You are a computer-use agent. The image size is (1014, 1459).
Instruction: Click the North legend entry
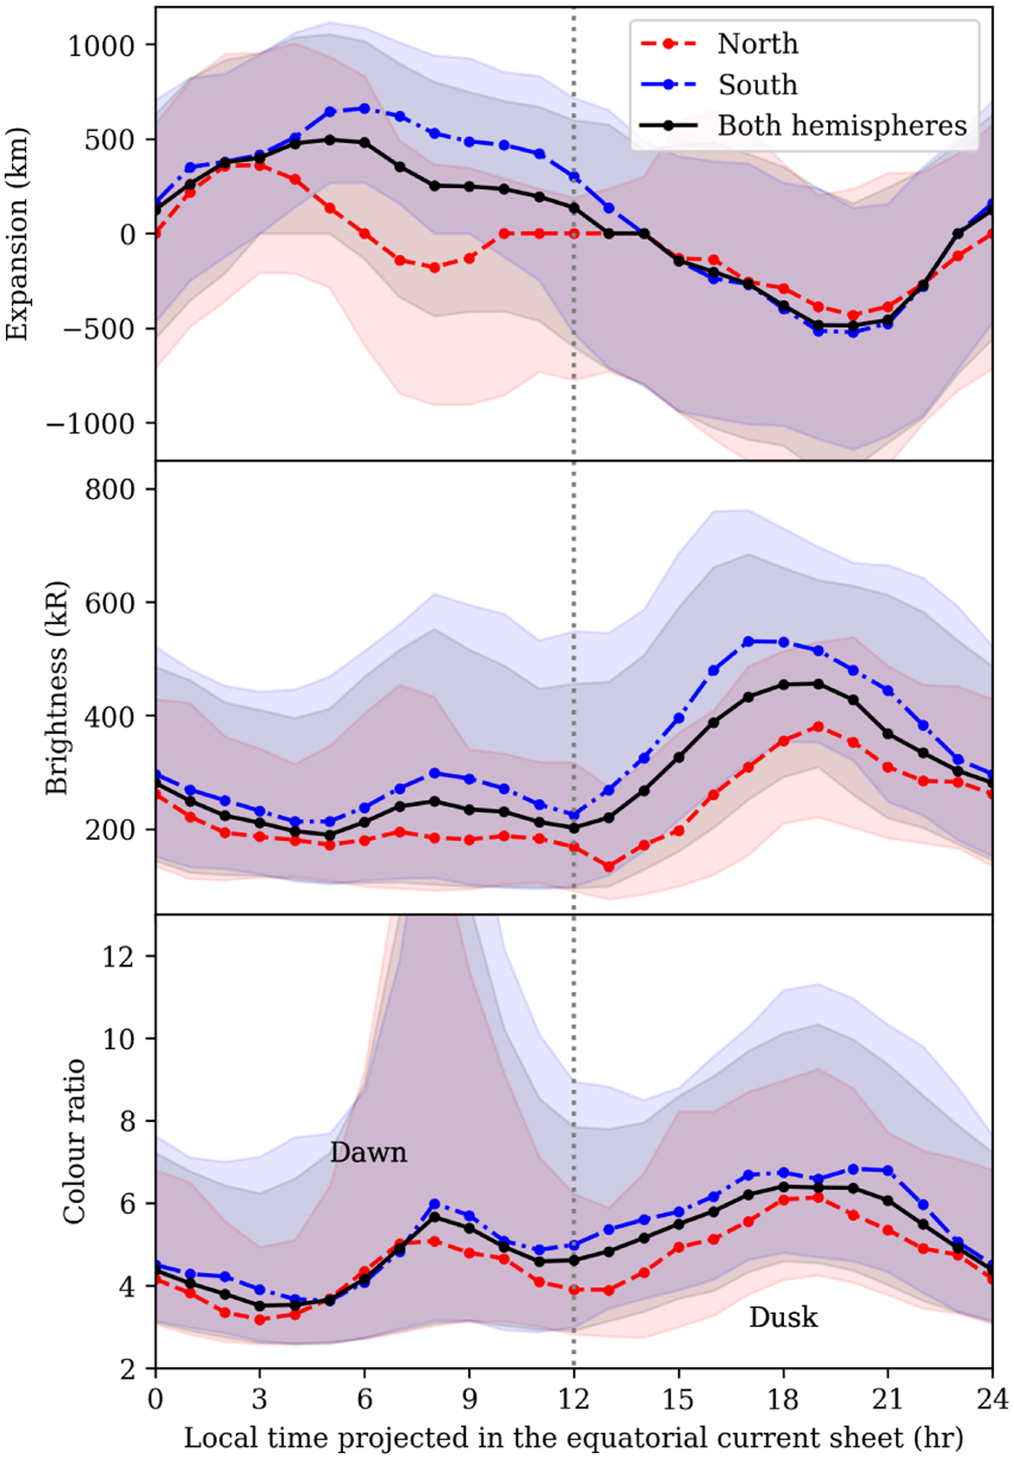[757, 44]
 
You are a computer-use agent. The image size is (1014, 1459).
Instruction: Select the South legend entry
[757, 84]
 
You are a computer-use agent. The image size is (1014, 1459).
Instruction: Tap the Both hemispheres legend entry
[842, 126]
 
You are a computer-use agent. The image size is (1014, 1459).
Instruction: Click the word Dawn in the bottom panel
[368, 1152]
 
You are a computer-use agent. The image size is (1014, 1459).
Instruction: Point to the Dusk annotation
[783, 1317]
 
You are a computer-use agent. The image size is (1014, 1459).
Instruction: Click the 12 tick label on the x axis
[574, 1399]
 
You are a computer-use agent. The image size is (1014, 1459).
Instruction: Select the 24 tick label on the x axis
[991, 1399]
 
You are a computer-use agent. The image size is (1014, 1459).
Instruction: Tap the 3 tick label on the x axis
[259, 1399]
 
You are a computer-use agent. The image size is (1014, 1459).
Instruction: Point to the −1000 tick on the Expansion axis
[90, 424]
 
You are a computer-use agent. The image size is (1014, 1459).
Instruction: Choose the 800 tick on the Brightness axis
[110, 490]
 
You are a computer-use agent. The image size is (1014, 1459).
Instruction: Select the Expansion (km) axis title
[17, 234]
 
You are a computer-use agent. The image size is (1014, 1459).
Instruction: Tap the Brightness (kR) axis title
[56, 688]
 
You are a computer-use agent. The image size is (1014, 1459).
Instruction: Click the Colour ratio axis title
[74, 1141]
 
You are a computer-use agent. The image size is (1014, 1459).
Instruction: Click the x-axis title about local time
[573, 1437]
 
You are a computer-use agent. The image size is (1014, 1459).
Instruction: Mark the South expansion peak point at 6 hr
[364, 108]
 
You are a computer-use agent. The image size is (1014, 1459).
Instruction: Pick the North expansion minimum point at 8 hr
[434, 268]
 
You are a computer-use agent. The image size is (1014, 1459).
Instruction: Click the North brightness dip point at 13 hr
[608, 866]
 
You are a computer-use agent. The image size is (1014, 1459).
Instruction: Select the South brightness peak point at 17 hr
[748, 641]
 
